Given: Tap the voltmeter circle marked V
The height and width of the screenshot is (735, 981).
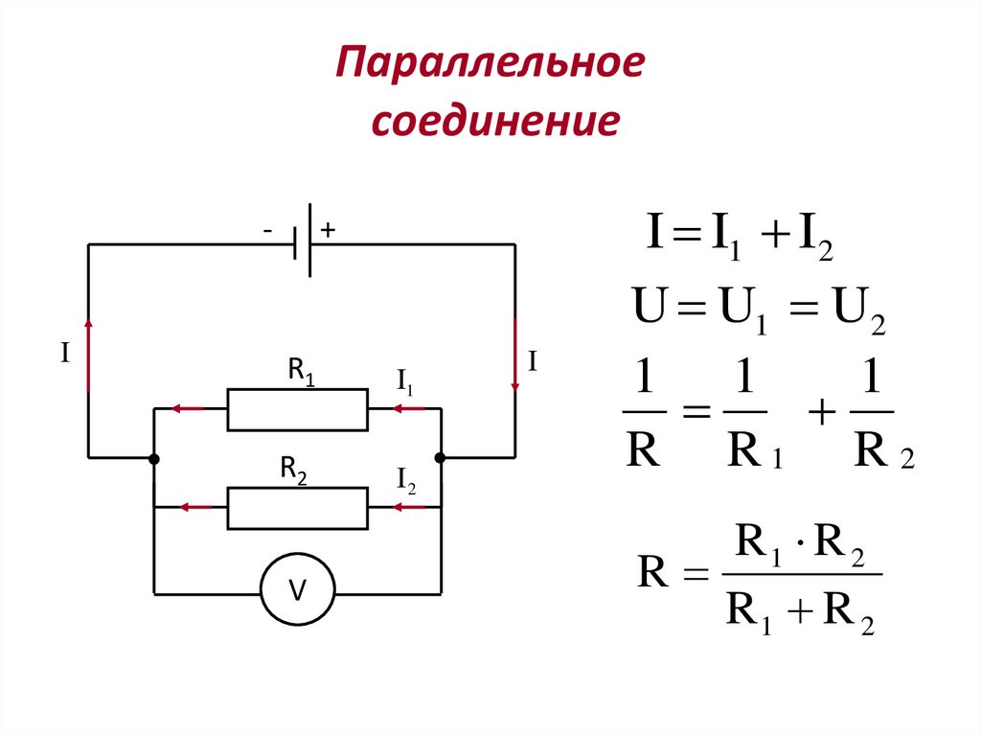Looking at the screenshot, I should tap(298, 593).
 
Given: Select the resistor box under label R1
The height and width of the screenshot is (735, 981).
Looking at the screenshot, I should tap(297, 410).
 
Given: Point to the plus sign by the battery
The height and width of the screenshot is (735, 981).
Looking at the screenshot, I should tap(328, 231).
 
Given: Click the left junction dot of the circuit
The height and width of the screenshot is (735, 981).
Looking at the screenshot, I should tap(154, 459).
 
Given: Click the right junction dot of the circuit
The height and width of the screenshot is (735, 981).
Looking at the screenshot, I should tap(441, 459).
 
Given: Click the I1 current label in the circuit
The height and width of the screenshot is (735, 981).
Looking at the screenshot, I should tap(405, 380).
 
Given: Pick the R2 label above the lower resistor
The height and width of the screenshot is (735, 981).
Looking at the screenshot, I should tap(293, 470).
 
